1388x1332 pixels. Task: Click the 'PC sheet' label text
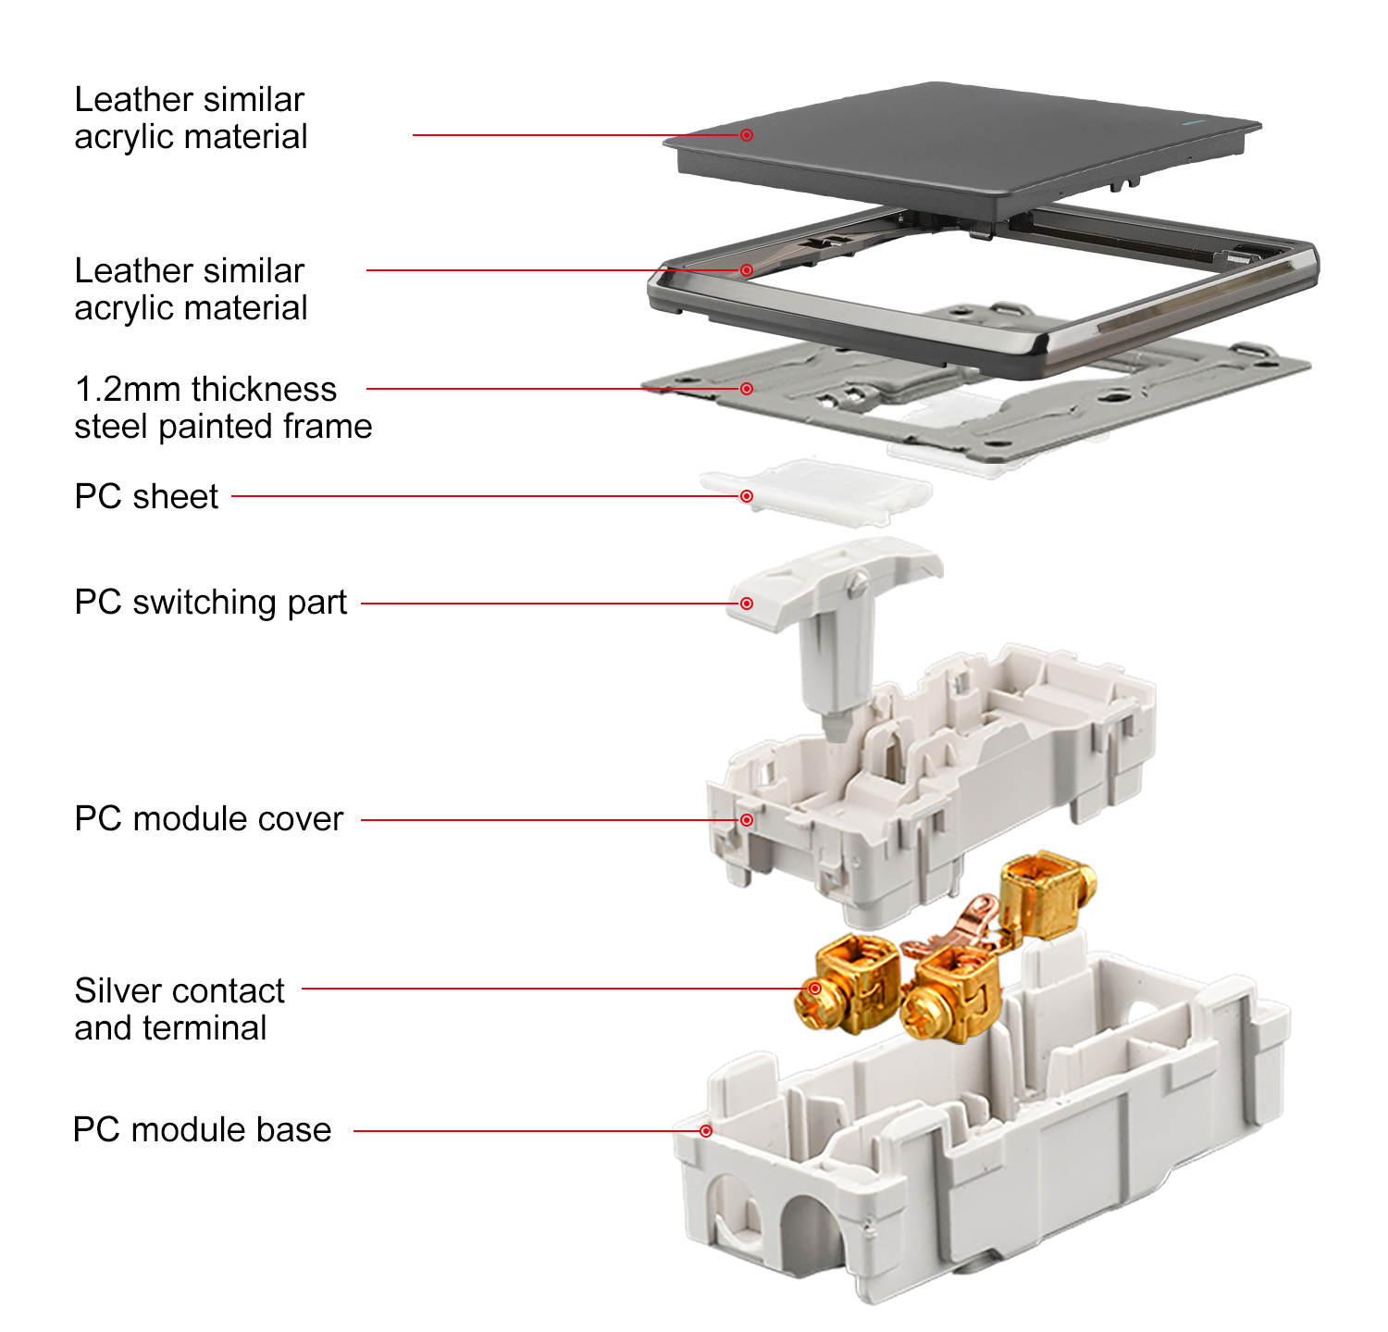146,497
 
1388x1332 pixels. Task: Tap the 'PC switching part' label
211,603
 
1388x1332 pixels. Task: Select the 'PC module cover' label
208,819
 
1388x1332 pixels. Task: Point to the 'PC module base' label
202,1130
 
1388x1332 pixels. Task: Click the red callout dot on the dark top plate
747,135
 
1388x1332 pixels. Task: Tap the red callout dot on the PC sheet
747,497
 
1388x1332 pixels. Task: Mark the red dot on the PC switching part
747,604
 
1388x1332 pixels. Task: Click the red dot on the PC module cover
747,820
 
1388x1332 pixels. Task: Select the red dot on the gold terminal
815,989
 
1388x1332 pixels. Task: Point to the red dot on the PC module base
706,1131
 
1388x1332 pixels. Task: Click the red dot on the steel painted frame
747,389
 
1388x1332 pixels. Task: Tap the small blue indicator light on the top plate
1192,121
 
